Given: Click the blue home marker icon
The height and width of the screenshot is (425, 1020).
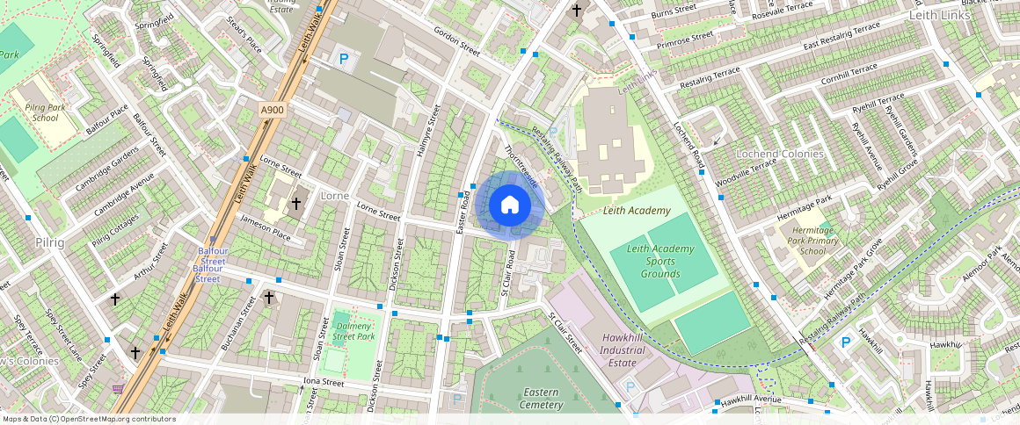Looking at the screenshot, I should point(510,205).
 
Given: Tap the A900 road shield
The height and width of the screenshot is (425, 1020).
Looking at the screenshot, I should point(273,110).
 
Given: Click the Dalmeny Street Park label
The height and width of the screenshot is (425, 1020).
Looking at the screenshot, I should point(355,331).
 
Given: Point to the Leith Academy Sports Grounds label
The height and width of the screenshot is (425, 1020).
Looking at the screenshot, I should point(659,262).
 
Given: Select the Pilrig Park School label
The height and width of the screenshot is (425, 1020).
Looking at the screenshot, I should point(45,112).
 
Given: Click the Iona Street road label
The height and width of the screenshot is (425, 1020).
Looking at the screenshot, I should point(323,383).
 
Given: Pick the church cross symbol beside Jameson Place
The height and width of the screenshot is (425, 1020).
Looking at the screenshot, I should point(296,204).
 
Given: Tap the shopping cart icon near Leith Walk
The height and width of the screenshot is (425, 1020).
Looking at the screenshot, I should point(118,389).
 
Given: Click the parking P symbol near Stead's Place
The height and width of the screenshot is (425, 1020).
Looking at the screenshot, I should point(345,59).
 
